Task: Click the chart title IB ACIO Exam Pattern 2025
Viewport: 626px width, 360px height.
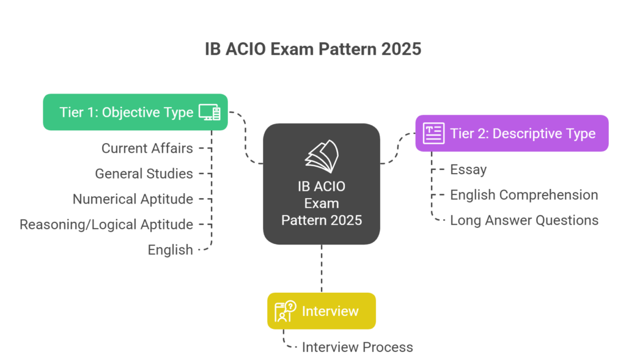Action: click(x=313, y=49)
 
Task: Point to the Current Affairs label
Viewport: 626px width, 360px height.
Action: click(x=147, y=149)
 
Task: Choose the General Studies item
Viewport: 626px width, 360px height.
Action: click(x=144, y=174)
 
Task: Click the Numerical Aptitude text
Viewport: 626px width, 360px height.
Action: click(x=133, y=199)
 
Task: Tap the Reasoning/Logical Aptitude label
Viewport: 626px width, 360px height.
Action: click(x=106, y=224)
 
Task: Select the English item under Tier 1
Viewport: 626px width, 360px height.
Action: click(x=170, y=249)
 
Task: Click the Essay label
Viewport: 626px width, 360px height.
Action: click(x=468, y=170)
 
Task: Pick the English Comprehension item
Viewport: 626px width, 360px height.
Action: click(x=524, y=195)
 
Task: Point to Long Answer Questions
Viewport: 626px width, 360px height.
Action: click(x=524, y=220)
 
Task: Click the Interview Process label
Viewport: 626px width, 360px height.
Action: click(x=357, y=347)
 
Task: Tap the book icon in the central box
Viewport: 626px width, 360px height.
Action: click(x=322, y=156)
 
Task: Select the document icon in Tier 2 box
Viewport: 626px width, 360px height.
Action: click(x=433, y=133)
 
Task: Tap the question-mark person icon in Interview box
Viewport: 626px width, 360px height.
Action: click(x=285, y=311)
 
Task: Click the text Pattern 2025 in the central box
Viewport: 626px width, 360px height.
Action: click(x=322, y=219)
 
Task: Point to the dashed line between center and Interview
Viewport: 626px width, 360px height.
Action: click(x=322, y=269)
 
